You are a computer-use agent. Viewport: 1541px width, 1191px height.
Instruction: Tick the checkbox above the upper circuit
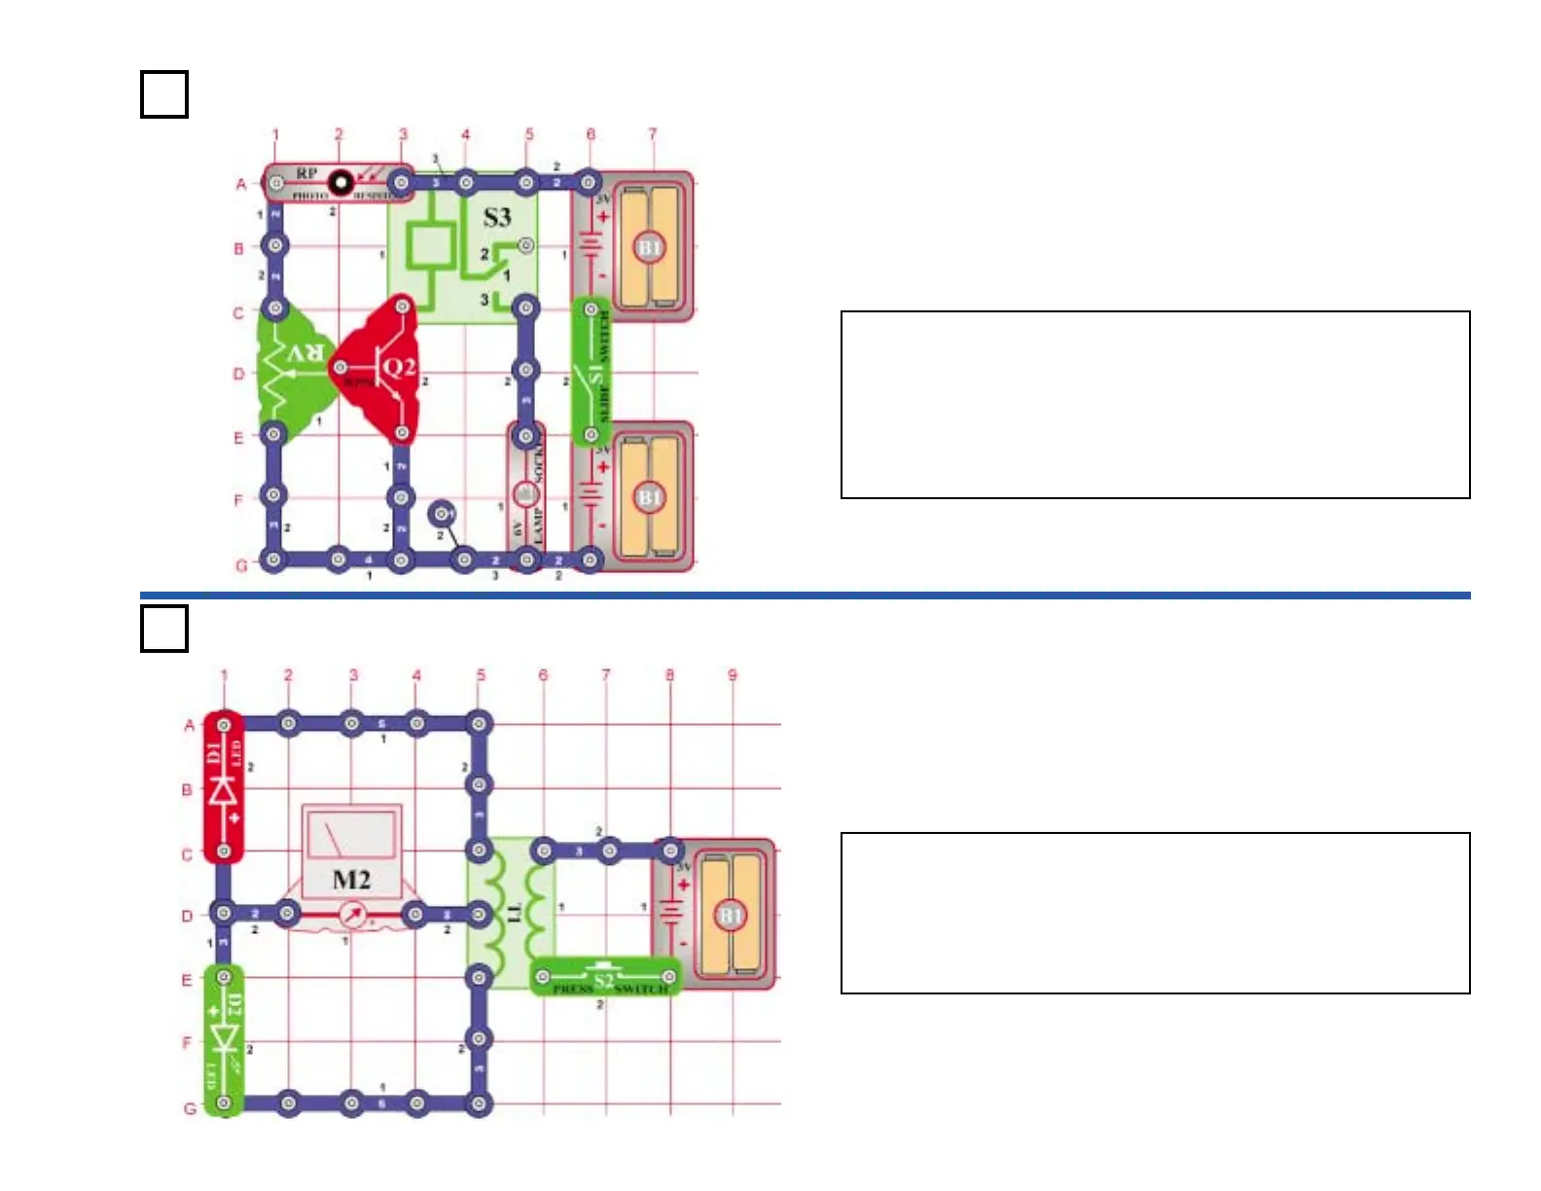[163, 94]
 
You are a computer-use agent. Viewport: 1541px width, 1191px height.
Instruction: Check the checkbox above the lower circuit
[163, 629]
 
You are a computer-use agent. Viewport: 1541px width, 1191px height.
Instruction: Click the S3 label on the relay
[497, 217]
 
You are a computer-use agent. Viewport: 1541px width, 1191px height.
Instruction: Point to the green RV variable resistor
[291, 370]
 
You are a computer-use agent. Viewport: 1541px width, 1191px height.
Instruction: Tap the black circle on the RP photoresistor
[340, 182]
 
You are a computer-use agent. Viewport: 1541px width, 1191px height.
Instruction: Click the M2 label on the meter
[351, 880]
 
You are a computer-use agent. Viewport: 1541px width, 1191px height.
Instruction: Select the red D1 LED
[224, 788]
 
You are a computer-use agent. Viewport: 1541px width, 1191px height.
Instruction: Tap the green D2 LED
[224, 1039]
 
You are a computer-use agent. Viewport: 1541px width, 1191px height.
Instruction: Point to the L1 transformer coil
[512, 913]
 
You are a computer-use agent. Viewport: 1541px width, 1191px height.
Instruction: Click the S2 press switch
[605, 978]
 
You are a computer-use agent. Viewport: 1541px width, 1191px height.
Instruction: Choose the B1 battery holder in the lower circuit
[720, 915]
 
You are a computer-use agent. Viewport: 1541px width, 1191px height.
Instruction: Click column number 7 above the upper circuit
[653, 134]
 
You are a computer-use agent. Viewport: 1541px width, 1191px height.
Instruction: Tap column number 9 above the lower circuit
[733, 674]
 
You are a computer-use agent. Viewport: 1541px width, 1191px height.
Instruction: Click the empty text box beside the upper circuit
[1155, 405]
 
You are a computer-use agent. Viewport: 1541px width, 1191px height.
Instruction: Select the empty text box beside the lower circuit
[1155, 913]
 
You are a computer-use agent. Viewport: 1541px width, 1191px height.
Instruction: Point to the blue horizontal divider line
[806, 595]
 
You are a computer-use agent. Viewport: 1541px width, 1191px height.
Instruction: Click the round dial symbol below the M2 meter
[352, 915]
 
